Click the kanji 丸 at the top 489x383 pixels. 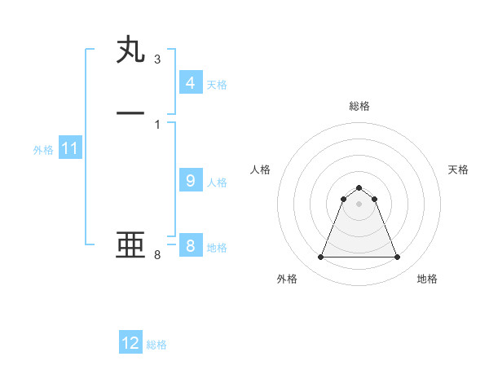click(x=130, y=51)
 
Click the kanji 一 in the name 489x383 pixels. click(x=130, y=113)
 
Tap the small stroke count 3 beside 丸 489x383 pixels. click(x=156, y=59)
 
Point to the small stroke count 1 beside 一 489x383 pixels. click(x=156, y=123)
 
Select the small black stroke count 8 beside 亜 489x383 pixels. click(x=156, y=255)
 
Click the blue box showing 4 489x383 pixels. click(x=190, y=82)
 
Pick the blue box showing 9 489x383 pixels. click(x=190, y=181)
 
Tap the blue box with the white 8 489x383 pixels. click(x=190, y=245)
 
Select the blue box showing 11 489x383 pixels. click(x=70, y=148)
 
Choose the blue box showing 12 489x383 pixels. click(x=130, y=343)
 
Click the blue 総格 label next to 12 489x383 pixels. click(x=156, y=345)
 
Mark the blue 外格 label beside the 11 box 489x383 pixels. click(x=43, y=150)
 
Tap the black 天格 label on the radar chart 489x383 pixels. click(x=458, y=169)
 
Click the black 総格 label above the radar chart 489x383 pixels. click(x=359, y=106)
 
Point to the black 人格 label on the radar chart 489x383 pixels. click(x=261, y=169)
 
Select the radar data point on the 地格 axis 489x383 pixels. click(x=398, y=258)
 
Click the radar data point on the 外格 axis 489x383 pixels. click(x=320, y=258)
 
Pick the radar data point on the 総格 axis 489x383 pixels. click(x=359, y=187)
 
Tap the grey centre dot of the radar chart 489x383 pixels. click(x=359, y=204)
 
